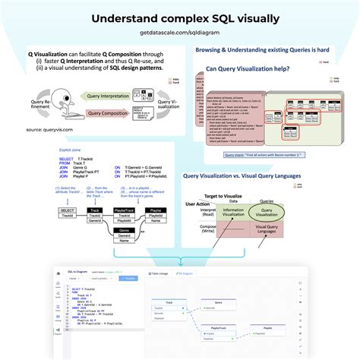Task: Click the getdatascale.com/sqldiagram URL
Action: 180,34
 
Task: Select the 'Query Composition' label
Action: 106,114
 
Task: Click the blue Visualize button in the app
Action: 130,279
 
